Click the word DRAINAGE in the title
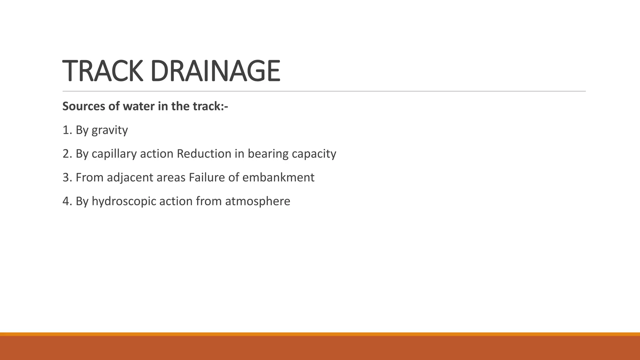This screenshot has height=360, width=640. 215,71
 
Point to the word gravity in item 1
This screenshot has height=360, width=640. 110,130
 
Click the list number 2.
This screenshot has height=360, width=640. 67,154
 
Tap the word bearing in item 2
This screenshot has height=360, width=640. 268,154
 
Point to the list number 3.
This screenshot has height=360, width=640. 67,177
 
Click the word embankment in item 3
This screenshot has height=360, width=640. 278,177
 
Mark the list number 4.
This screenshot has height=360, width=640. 67,201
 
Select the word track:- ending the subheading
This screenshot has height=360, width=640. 210,107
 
